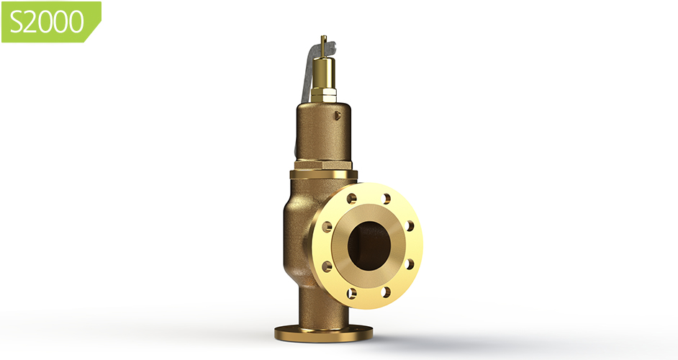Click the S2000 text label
click(48, 22)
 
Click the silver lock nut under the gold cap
click(325, 95)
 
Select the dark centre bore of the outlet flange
click(369, 246)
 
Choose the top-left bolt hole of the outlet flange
click(351, 198)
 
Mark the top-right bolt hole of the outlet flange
click(387, 199)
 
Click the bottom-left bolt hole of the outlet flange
click(351, 292)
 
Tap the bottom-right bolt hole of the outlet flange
click(387, 292)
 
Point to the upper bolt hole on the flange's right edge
click(410, 225)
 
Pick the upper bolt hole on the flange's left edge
click(327, 226)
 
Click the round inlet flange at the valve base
click(323, 333)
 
